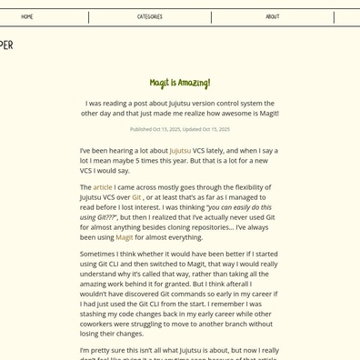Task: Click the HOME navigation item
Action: pos(27,17)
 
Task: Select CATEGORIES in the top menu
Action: pos(150,17)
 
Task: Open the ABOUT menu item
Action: pos(273,17)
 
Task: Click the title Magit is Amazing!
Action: pos(180,84)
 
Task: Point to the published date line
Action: pos(180,129)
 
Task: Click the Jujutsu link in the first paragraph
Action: pos(180,151)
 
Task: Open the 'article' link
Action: pos(103,187)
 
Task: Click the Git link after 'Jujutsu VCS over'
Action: pos(136,197)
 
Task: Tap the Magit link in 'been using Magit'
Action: pos(124,237)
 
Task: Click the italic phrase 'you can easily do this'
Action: pos(240,207)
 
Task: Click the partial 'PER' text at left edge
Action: pos(6,45)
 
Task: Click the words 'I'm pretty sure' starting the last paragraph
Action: pos(104,350)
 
